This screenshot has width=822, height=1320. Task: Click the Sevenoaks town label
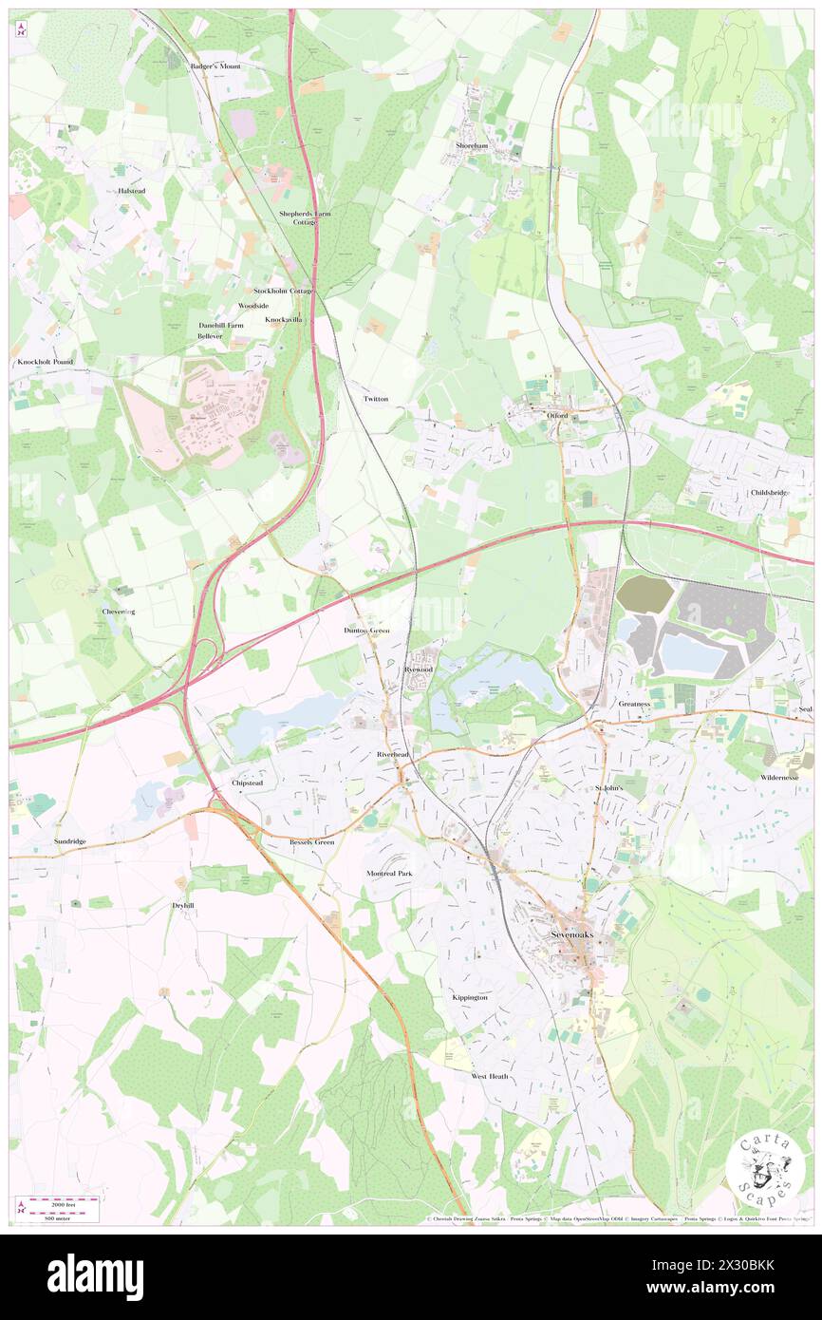(x=576, y=933)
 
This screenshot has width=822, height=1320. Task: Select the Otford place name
(x=556, y=416)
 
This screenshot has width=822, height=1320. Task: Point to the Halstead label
(x=130, y=190)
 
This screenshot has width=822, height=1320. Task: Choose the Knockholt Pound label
(x=45, y=363)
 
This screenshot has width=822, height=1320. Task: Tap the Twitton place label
(x=376, y=399)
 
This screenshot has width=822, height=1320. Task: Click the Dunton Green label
(x=366, y=631)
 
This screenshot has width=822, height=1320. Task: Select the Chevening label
(x=119, y=612)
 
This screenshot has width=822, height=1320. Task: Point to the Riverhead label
(x=392, y=754)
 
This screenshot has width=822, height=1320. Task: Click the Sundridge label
(x=70, y=841)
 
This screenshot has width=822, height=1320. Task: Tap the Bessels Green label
(x=312, y=841)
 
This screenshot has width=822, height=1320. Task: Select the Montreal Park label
(x=390, y=872)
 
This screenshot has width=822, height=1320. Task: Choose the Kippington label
(x=470, y=997)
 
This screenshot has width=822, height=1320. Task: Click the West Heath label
(x=490, y=1076)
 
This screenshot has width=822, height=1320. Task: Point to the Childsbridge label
(x=770, y=492)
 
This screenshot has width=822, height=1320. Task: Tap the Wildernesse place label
(x=779, y=777)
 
